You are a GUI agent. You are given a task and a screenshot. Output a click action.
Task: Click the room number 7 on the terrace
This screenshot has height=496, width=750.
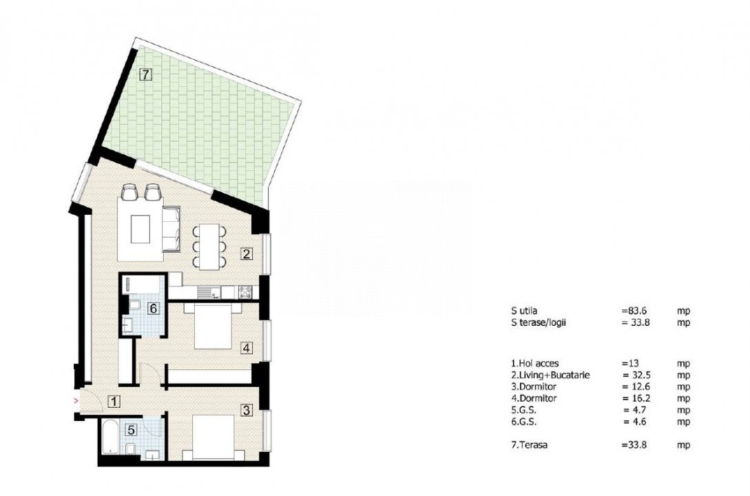pyautogui.click(x=145, y=74)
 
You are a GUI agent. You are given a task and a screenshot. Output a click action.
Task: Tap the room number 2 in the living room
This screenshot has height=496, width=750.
pyautogui.click(x=247, y=254)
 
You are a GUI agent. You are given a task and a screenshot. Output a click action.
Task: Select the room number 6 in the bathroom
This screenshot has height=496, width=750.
pyautogui.click(x=153, y=309)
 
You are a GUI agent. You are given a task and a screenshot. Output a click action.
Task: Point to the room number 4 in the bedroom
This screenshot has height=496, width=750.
pyautogui.click(x=247, y=348)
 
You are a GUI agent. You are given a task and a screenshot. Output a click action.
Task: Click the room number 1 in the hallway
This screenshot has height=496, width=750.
pyautogui.click(x=114, y=402)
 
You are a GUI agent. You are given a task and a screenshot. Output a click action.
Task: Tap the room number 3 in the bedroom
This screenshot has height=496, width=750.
pyautogui.click(x=247, y=410)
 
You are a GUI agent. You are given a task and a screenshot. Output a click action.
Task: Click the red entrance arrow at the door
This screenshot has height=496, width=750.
pyautogui.click(x=74, y=401)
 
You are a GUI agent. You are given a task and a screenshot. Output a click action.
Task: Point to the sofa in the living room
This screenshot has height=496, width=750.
pyautogui.click(x=171, y=229)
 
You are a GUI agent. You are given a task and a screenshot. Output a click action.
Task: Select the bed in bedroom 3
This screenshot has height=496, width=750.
pyautogui.click(x=213, y=437)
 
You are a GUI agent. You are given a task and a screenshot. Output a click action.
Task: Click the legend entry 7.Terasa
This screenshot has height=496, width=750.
pyautogui.click(x=530, y=445)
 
